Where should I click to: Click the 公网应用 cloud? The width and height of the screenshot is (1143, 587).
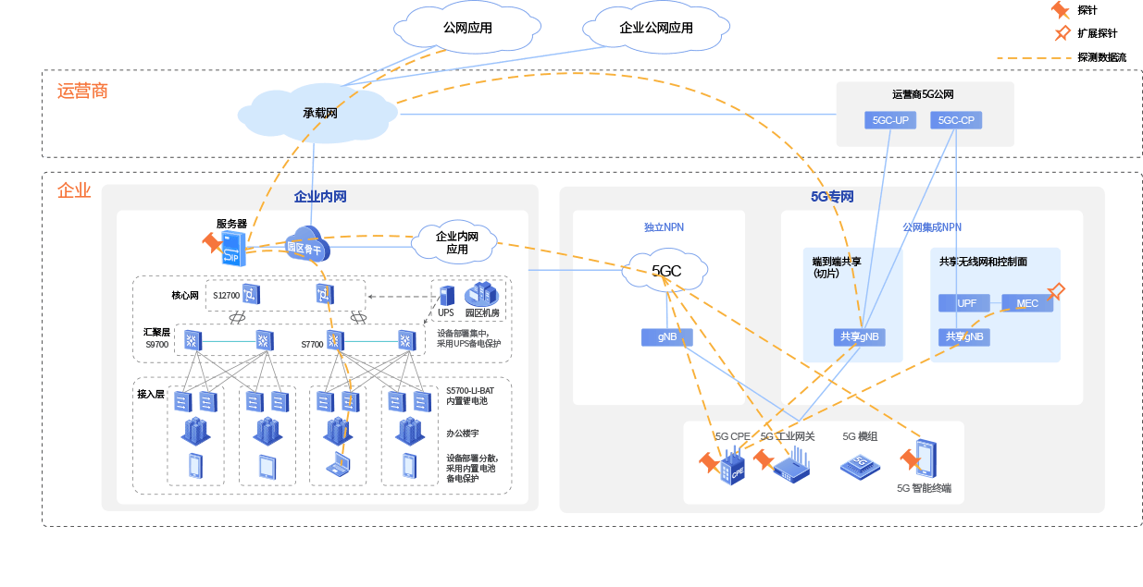click(467, 29)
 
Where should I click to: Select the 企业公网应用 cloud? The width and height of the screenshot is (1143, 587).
click(656, 29)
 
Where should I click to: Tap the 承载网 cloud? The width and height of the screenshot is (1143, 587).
click(319, 114)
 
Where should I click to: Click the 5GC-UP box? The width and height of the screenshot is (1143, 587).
click(890, 120)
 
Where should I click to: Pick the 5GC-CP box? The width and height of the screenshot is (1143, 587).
click(955, 120)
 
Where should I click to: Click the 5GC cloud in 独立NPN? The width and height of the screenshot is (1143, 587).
click(666, 271)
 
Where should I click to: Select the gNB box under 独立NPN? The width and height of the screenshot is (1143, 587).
click(666, 337)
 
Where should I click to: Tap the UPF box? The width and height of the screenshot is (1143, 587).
click(966, 303)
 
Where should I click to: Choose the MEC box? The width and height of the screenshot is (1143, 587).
click(1026, 303)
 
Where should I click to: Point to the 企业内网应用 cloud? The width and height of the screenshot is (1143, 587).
click(457, 242)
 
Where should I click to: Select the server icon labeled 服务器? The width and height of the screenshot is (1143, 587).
click(232, 248)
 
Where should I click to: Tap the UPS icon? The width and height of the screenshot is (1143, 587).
click(446, 296)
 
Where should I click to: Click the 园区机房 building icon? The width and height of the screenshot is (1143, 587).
click(482, 294)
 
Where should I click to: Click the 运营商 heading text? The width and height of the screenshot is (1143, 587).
click(82, 91)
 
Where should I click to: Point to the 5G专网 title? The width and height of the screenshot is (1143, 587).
click(831, 197)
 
